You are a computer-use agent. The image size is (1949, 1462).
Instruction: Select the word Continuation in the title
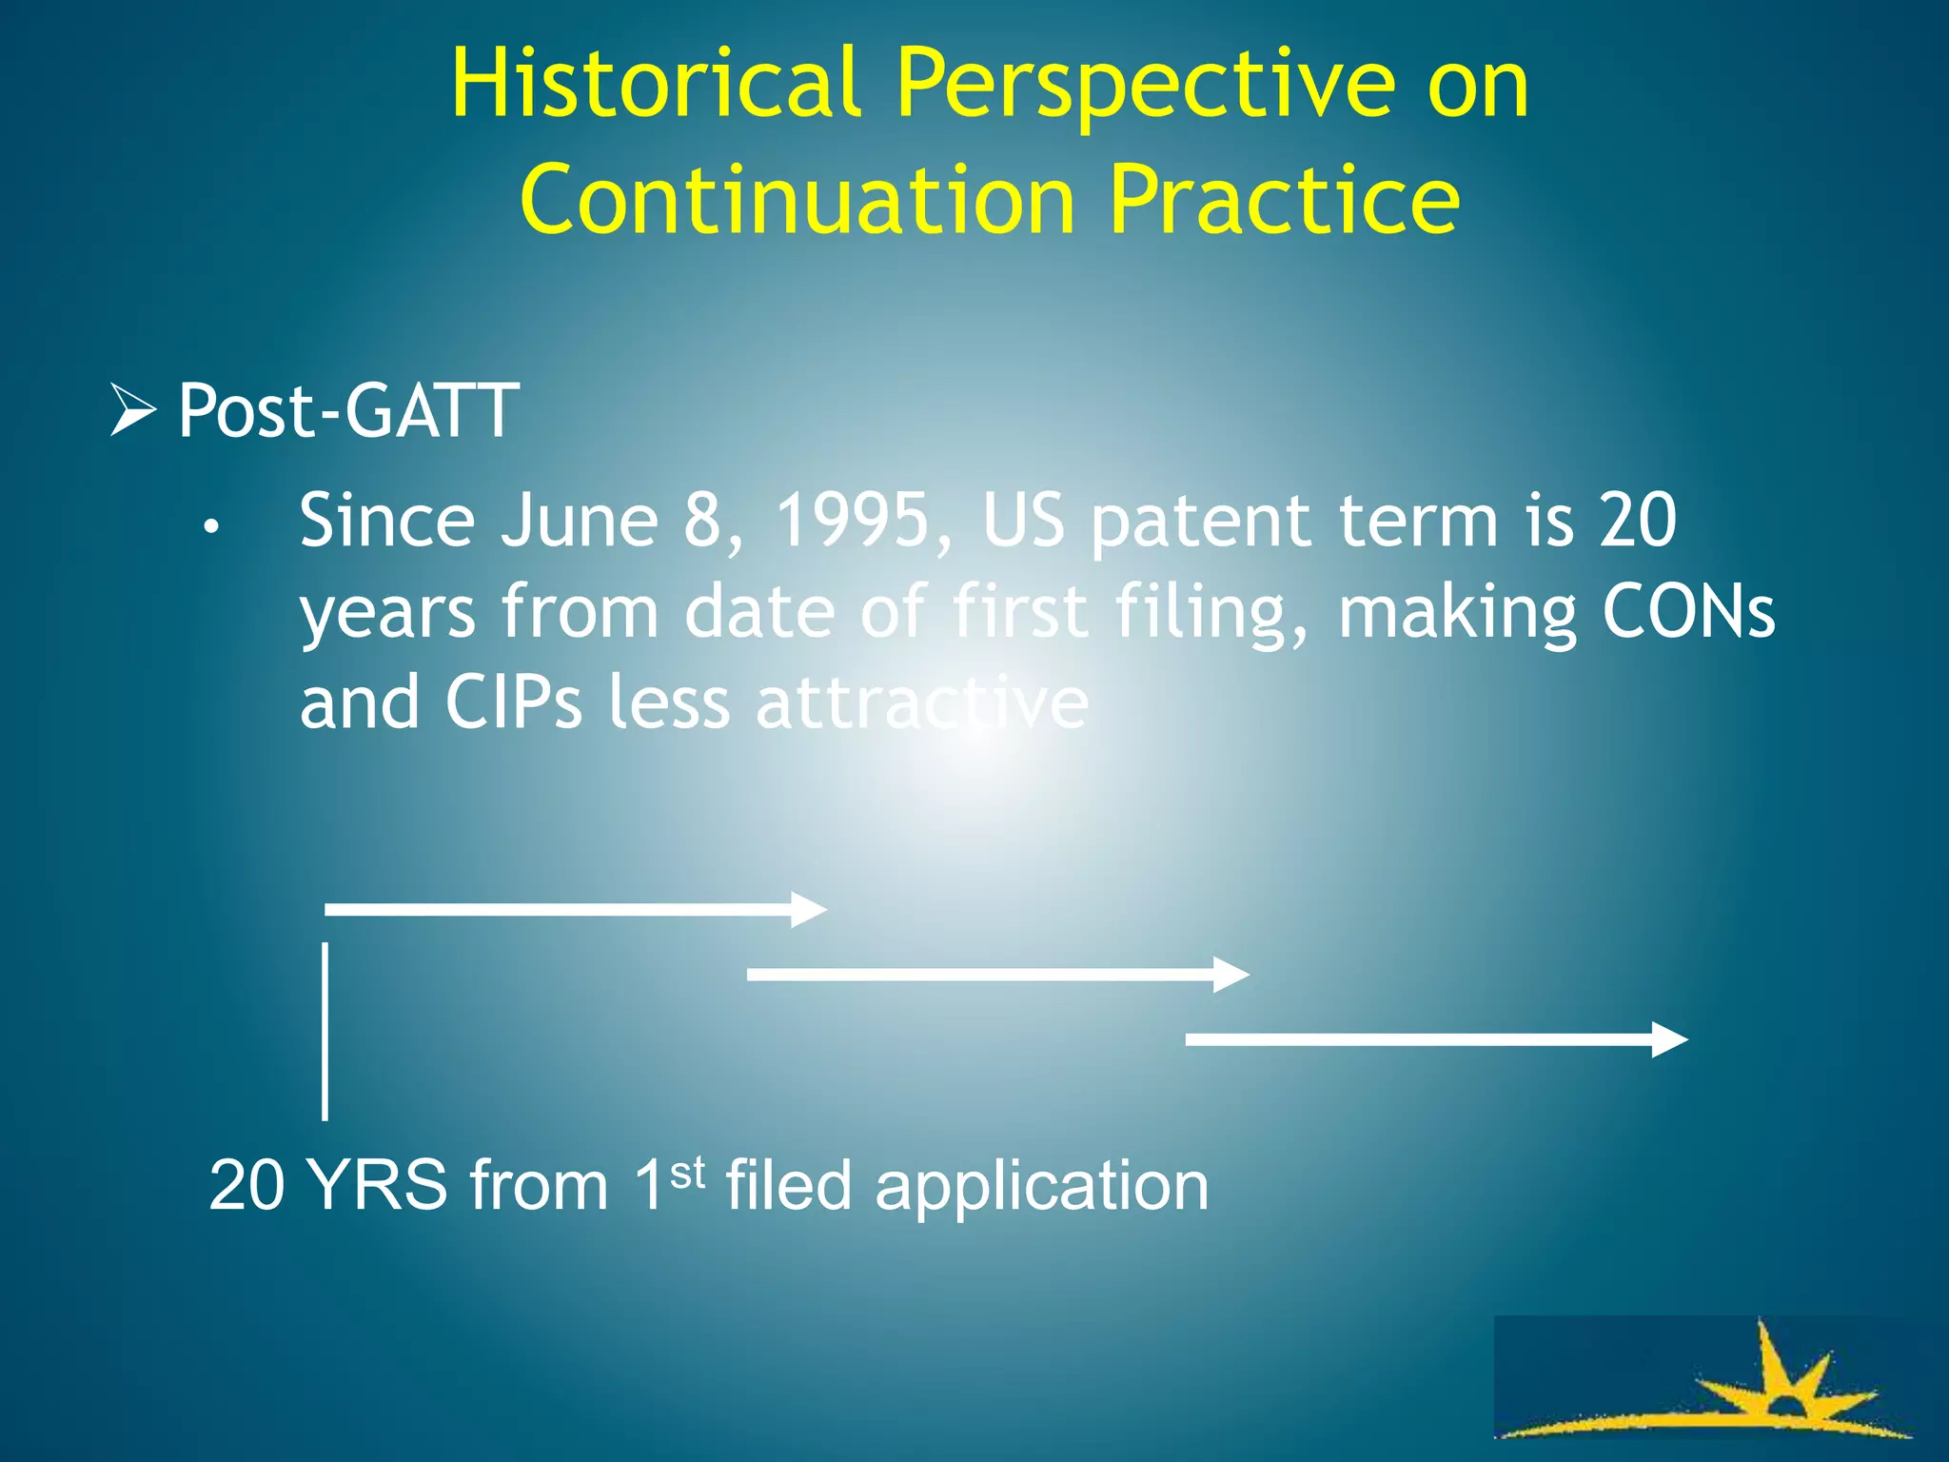[797, 200]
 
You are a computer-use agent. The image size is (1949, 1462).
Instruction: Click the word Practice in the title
[1284, 200]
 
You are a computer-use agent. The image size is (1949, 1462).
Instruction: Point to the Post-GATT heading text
[348, 410]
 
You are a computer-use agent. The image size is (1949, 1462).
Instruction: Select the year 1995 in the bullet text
[852, 521]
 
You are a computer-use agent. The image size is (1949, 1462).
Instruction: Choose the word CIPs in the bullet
[513, 702]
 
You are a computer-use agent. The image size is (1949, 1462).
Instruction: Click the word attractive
[921, 702]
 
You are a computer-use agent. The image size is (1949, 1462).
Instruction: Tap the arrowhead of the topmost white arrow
[809, 910]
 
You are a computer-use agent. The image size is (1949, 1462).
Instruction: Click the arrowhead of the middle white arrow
[1231, 975]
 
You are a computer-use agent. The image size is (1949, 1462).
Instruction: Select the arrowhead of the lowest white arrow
[1669, 1039]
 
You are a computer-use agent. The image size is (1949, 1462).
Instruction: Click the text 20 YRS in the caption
[327, 1186]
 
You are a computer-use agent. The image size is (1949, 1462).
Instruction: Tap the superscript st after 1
[687, 1173]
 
